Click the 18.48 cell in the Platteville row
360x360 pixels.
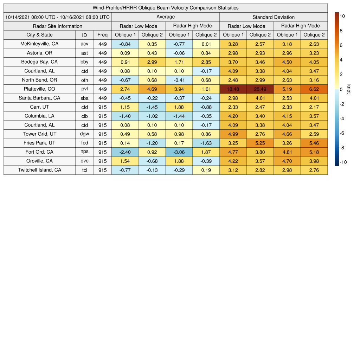coord(233,89)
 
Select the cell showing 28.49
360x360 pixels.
coord(260,89)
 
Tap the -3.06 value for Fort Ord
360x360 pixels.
coord(179,152)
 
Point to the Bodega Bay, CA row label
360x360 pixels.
coord(39,62)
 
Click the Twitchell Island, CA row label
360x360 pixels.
coord(39,170)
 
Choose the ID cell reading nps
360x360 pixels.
coord(84,152)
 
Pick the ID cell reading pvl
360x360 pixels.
coord(84,89)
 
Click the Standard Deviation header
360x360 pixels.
coord(274,17)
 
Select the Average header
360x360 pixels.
coord(165,17)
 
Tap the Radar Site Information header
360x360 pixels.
coord(57,26)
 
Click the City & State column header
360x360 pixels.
coord(39,35)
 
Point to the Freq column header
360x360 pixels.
coord(102,35)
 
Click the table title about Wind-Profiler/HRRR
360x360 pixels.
coord(166,8)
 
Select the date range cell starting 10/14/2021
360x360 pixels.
coord(57,17)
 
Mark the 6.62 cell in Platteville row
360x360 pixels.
coord(314,89)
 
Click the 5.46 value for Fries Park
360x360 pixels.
coord(314,143)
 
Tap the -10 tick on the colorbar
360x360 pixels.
coord(343,162)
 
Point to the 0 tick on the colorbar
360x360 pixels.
coord(341,89)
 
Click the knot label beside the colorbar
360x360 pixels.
coord(349,89)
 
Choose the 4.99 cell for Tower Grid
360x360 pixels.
coord(233,134)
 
